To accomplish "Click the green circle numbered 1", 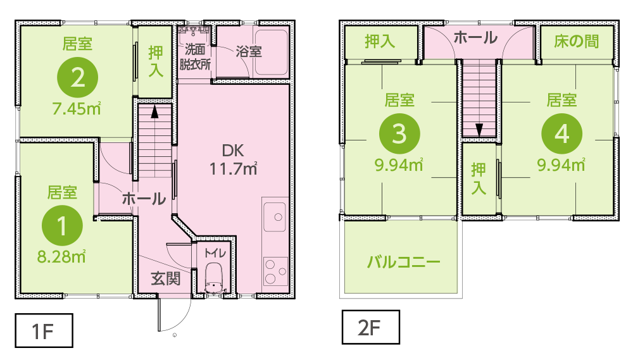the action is (x=62, y=225).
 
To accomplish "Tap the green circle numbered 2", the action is (x=77, y=77).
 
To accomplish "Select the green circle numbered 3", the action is (x=399, y=133).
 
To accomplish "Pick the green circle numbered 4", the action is (x=561, y=133).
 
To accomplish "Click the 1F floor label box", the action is (x=44, y=330).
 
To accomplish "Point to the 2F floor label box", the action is (x=370, y=327).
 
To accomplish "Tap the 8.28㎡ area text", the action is (x=61, y=257).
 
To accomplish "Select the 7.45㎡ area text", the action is (x=77, y=109).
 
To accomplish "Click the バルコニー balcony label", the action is (x=403, y=263).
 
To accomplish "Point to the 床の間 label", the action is (x=576, y=41).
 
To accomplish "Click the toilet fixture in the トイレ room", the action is (x=214, y=279).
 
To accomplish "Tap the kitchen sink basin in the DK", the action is (x=275, y=217).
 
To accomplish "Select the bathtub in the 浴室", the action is (x=272, y=52).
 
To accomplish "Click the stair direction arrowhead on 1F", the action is (x=154, y=112).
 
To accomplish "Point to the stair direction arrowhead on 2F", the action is (x=479, y=130).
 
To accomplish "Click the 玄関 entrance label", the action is (x=165, y=278).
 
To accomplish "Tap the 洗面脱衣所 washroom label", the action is (x=195, y=57).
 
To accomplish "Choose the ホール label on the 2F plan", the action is (x=475, y=37).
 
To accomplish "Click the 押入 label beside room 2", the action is (x=156, y=61).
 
